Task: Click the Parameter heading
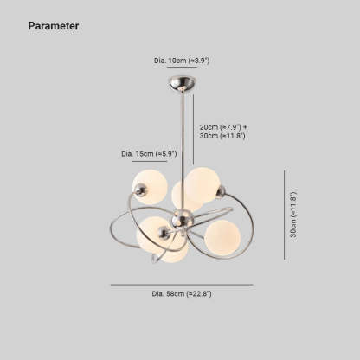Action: coord(54,26)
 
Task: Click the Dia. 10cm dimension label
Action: coord(182,61)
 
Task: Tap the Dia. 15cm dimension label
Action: coord(149,154)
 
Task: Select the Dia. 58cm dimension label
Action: coord(182,294)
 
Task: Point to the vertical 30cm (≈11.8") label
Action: coord(293,215)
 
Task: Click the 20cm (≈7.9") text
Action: coord(221,127)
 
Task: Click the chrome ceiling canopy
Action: coord(183,84)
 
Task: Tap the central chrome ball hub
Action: coord(183,219)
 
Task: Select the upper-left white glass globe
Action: coord(150,187)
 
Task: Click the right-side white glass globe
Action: coord(222,238)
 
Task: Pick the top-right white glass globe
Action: coord(202,184)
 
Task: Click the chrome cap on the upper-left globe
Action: coord(141,190)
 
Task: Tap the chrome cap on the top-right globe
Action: coord(221,192)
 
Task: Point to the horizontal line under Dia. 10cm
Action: coord(182,68)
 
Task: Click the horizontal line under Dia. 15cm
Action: coord(150,161)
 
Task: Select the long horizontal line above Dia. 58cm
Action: coord(182,285)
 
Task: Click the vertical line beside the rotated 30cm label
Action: coord(285,215)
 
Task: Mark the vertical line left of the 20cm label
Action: coord(193,130)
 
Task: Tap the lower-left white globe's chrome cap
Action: coord(164,232)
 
